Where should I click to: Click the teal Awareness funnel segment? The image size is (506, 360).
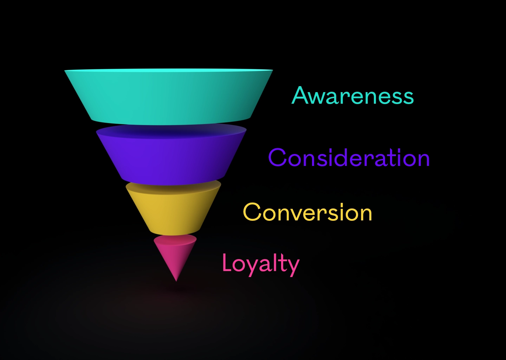click(x=169, y=97)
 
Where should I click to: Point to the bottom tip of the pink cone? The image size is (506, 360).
click(x=176, y=281)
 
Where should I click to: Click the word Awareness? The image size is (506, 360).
click(x=353, y=95)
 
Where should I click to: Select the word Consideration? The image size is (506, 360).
click(x=349, y=157)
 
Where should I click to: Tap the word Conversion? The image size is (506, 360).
click(x=307, y=212)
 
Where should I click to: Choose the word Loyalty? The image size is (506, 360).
click(x=261, y=265)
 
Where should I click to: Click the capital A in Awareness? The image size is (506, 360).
click(x=301, y=95)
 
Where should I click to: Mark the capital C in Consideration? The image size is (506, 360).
click(x=278, y=157)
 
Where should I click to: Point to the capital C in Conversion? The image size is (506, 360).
click(x=252, y=212)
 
